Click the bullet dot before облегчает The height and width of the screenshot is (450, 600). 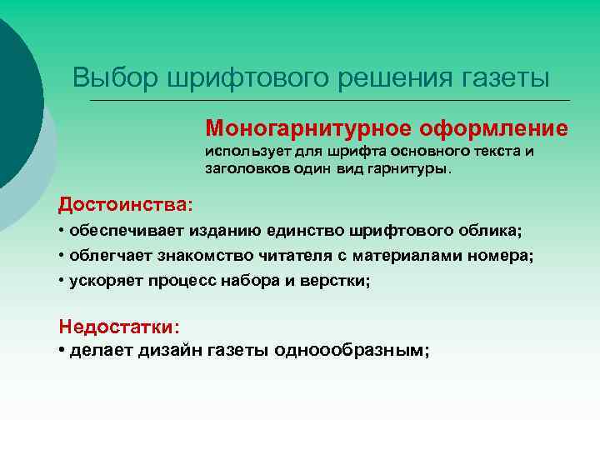62,255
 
